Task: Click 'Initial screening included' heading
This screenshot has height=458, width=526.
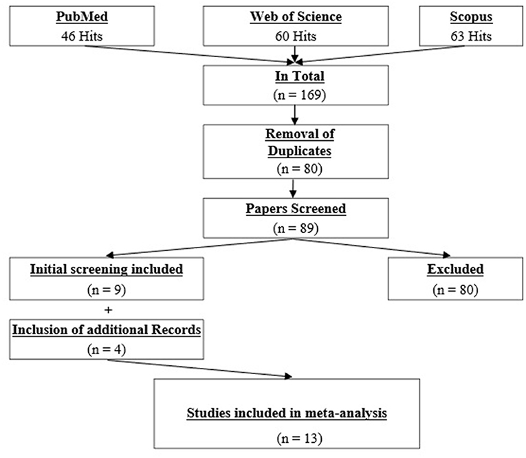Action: (106, 270)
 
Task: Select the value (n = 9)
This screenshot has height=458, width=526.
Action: (106, 288)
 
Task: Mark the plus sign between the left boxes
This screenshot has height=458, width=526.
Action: (106, 308)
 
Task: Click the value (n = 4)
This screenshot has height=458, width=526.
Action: (106, 348)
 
